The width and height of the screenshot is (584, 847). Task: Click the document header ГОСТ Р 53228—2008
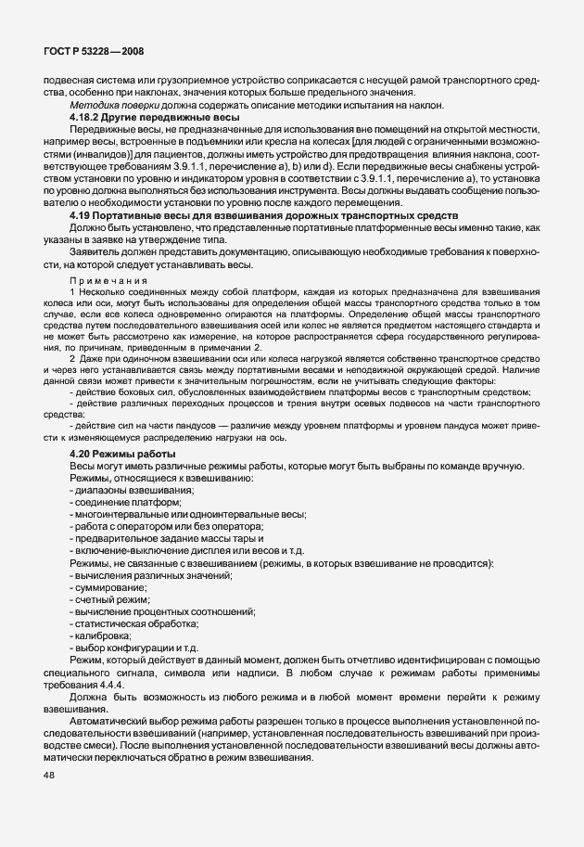click(91, 53)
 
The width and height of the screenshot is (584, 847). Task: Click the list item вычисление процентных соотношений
click(162, 613)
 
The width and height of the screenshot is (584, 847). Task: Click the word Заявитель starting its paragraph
click(95, 251)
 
